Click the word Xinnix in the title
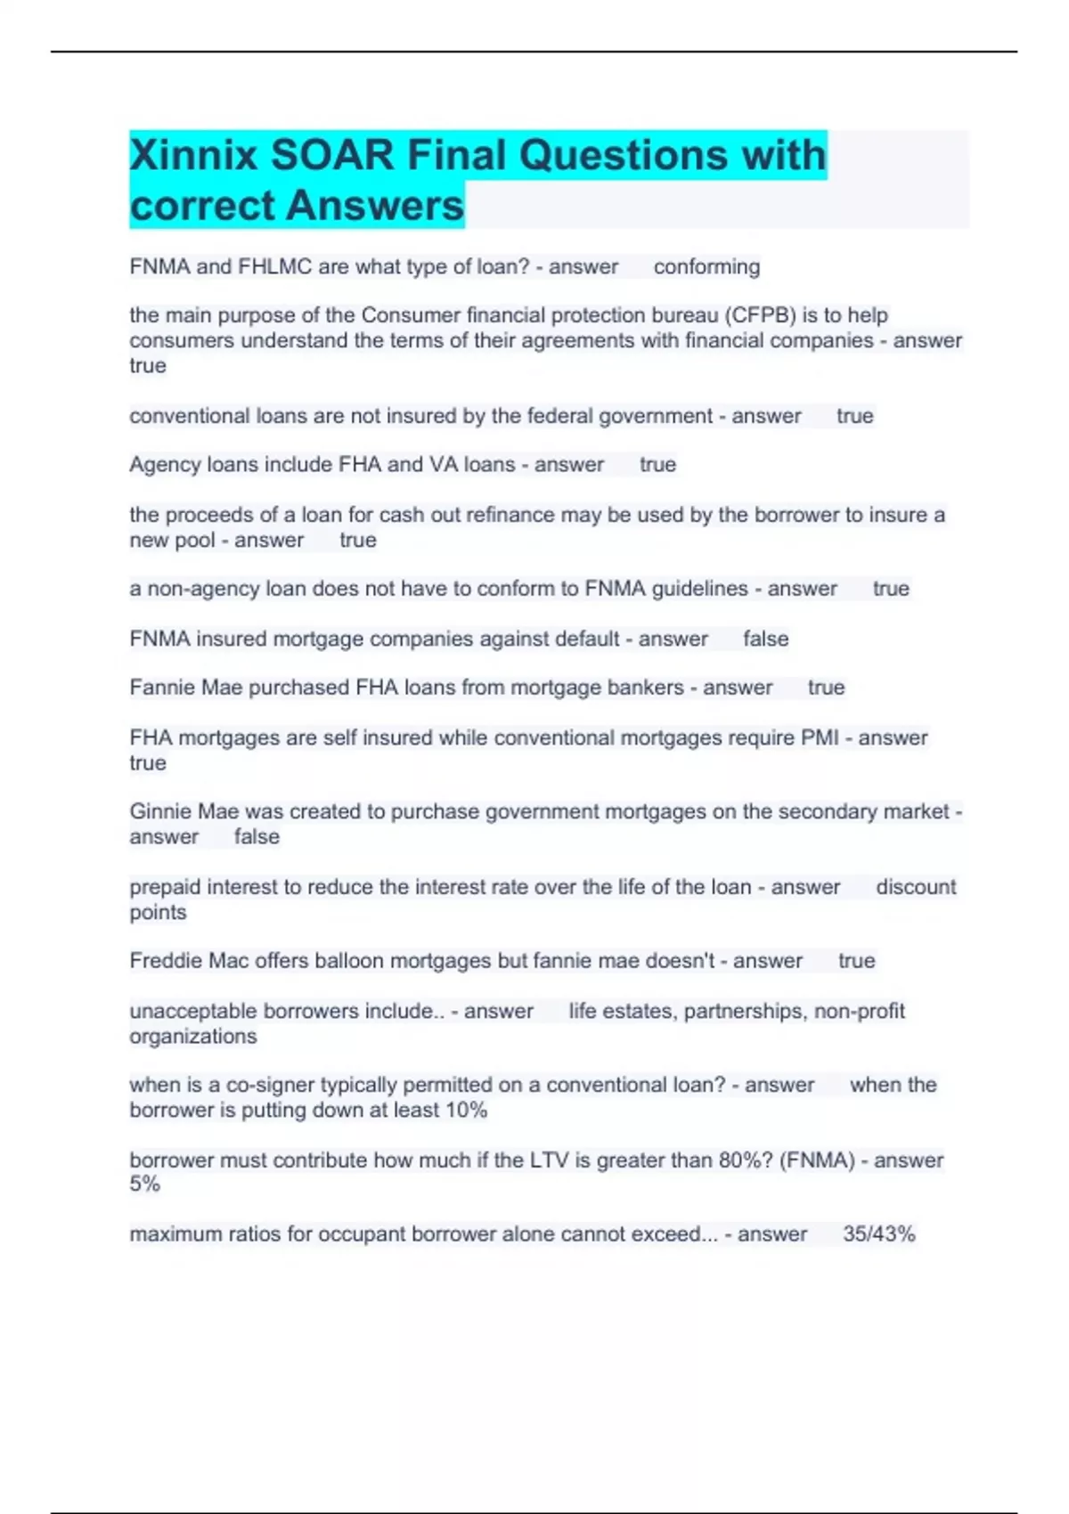193,156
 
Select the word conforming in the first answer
706,267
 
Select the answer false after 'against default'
765,639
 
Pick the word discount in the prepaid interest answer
915,888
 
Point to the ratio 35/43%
878,1234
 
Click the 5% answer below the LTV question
144,1184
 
